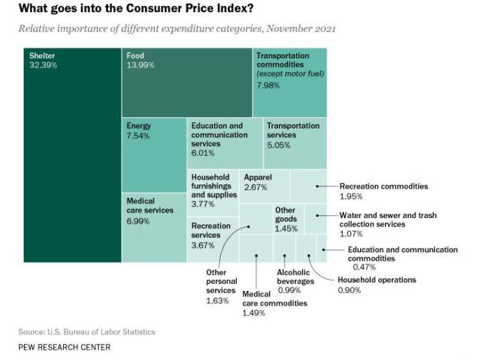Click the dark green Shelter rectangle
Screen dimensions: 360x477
pos(72,155)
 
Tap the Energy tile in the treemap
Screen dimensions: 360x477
pos(154,155)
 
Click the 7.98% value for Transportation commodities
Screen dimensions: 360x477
pos(269,86)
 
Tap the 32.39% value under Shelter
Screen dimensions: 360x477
pos(43,66)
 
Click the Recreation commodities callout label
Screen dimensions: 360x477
pos(383,186)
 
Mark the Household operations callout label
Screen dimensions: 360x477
pos(377,280)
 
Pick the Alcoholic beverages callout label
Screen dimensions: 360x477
pos(294,277)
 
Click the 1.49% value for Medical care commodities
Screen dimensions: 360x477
pos(253,313)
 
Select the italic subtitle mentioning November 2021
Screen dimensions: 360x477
pos(176,29)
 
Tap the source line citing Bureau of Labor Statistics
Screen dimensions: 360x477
pos(87,332)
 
